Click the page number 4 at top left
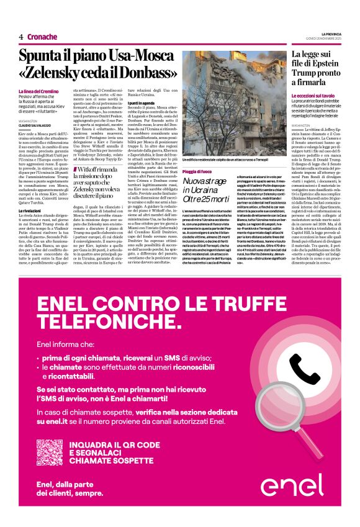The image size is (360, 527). click(21, 37)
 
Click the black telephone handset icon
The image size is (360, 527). click(305, 371)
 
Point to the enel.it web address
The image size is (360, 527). click(55, 421)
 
